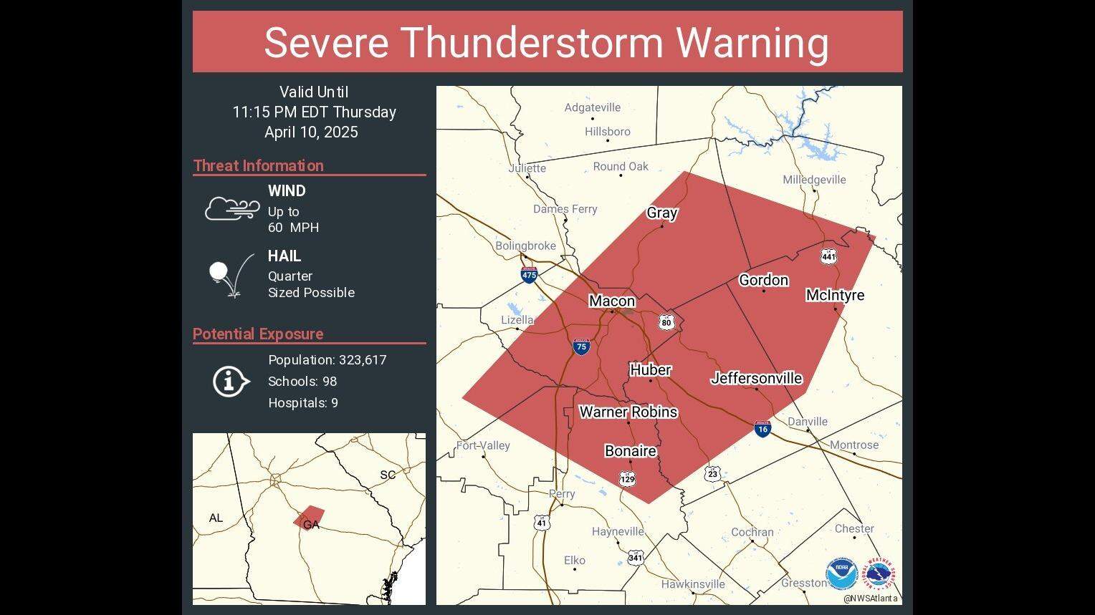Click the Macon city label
[611, 301]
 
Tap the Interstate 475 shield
[529, 274]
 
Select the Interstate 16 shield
[762, 429]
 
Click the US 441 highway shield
[828, 256]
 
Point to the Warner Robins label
[628, 412]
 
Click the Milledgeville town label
[814, 180]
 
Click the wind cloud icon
[232, 209]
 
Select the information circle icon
[230, 381]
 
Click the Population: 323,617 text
[327, 360]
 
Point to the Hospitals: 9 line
[302, 403]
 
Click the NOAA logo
[841, 574]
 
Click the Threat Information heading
[258, 165]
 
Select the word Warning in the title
[752, 42]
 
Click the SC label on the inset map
[387, 475]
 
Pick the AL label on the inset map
[216, 518]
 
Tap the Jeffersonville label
[756, 378]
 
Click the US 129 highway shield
[628, 479]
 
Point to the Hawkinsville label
[692, 584]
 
